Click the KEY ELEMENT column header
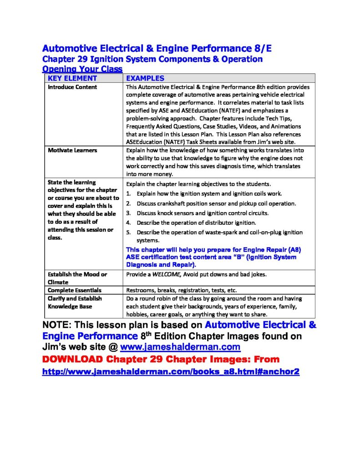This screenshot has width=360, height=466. point(72,78)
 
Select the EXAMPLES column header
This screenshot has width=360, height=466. point(145,78)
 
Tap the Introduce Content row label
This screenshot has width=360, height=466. point(72,87)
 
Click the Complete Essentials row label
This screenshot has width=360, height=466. point(75,290)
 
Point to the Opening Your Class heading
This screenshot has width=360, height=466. point(82,69)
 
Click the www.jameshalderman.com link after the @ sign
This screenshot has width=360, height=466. point(180,348)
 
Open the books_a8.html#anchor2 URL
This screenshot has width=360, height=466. point(171,372)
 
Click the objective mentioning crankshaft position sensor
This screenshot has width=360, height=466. point(216,203)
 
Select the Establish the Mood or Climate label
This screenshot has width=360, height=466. point(77,278)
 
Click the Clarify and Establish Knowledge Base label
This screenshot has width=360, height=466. point(75,303)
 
